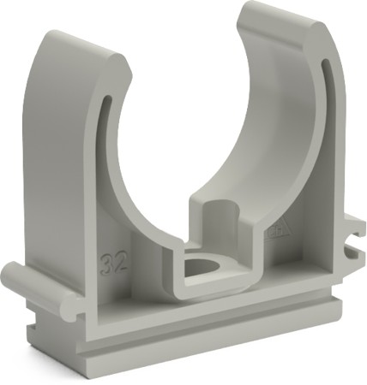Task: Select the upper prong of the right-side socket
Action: [354, 230]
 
